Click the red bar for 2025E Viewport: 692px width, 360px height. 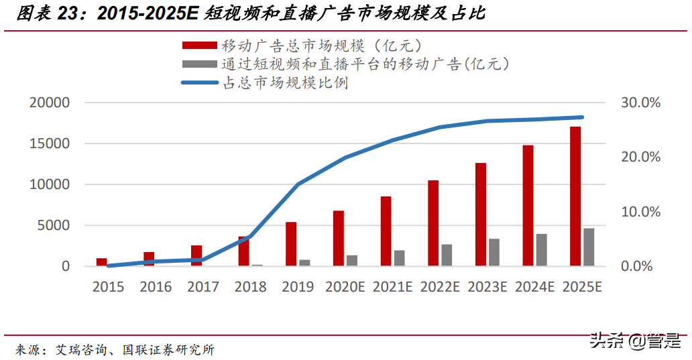coord(575,196)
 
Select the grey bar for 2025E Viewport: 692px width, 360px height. coord(589,247)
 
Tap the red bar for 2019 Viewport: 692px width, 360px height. coord(291,244)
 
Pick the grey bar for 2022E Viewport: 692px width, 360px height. coord(447,255)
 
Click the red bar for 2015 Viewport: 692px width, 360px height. coord(102,262)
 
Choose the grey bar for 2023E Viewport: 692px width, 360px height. coord(494,253)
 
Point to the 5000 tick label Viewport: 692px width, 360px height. coord(55,225)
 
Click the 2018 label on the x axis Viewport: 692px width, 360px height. coord(251,287)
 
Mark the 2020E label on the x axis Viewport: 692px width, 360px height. coord(345,287)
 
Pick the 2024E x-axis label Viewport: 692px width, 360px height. coord(534,287)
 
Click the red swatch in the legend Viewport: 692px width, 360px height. coord(199,46)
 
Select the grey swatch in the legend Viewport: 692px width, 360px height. coord(199,64)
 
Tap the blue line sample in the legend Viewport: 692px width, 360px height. coord(199,83)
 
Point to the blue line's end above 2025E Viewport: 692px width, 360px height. coord(581,117)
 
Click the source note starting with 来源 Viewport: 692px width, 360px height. coord(115,349)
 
